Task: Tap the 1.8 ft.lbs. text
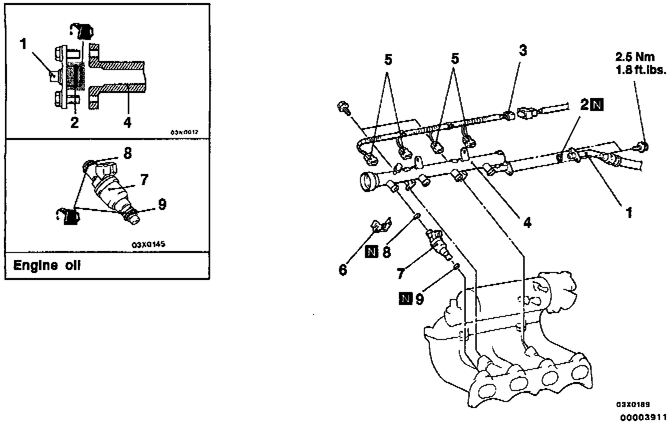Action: click(x=641, y=70)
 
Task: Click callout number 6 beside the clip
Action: click(x=342, y=270)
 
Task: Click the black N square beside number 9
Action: click(x=405, y=299)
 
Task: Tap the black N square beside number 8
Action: click(x=371, y=252)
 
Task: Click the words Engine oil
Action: click(x=46, y=265)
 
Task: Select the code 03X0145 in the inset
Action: click(x=149, y=245)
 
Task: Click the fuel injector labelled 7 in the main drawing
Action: click(x=440, y=244)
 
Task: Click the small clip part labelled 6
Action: click(x=382, y=225)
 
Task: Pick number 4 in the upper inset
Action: click(x=128, y=122)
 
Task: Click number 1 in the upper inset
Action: click(x=23, y=44)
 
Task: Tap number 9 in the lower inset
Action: click(x=162, y=203)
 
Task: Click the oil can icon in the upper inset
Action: click(x=82, y=31)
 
